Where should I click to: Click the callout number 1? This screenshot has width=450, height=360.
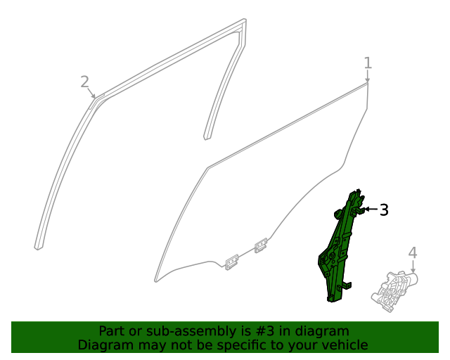pyautogui.click(x=368, y=63)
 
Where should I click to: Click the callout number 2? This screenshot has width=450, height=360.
pyautogui.click(x=84, y=82)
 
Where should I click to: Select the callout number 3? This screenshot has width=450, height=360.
pyautogui.click(x=384, y=210)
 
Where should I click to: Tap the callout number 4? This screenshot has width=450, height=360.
pyautogui.click(x=413, y=252)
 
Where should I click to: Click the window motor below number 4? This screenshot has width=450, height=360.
pyautogui.click(x=394, y=290)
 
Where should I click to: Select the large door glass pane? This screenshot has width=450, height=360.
pyautogui.click(x=267, y=190)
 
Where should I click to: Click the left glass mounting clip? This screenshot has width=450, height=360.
pyautogui.click(x=231, y=262)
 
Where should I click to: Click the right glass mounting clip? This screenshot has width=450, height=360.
pyautogui.click(x=261, y=245)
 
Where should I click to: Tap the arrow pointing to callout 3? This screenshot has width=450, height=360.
pyautogui.click(x=370, y=210)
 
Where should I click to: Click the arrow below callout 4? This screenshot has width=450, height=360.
pyautogui.click(x=413, y=267)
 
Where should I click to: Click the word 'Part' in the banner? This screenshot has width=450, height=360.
pyautogui.click(x=112, y=330)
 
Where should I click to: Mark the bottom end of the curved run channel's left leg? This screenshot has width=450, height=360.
pyautogui.click(x=38, y=246)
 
